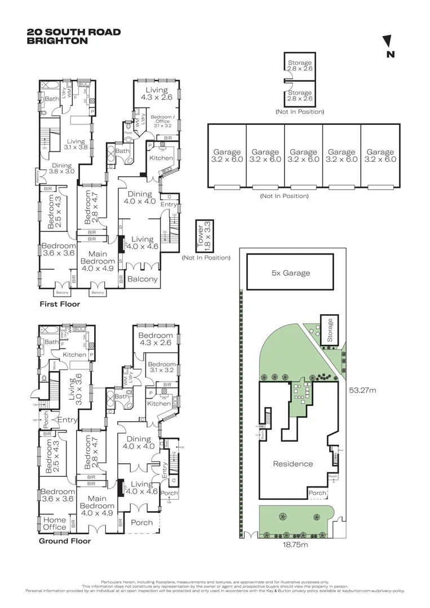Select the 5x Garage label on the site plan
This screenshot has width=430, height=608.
pos(290,273)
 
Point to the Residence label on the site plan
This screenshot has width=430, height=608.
pos(292,464)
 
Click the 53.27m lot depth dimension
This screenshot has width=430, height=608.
pos(363,389)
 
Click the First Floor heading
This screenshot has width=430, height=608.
pos(59,304)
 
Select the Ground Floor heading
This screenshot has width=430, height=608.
pos(64,541)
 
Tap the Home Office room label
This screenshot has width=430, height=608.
pos(55,524)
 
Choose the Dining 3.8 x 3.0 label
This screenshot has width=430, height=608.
pos(61,168)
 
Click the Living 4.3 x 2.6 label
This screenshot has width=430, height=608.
pos(156,94)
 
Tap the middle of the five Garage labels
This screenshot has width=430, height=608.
pos(303,155)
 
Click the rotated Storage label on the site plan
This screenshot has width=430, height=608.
pos(330,330)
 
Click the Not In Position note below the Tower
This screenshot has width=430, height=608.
pos(206,258)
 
